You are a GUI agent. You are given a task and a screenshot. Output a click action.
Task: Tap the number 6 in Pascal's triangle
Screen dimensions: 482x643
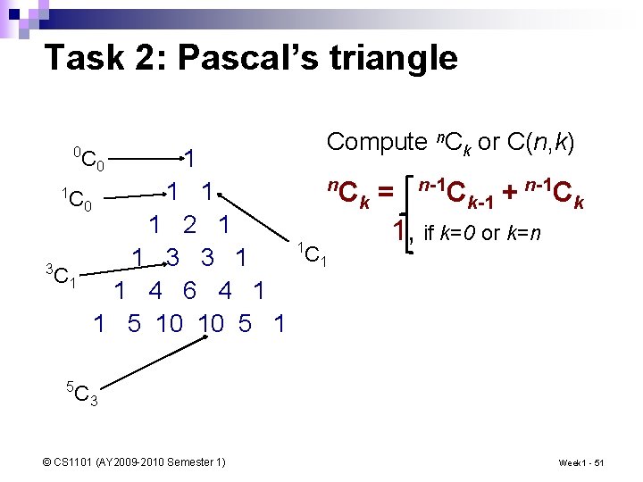tap(188, 291)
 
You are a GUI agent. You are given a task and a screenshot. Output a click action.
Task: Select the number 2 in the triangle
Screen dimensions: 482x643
tap(188, 225)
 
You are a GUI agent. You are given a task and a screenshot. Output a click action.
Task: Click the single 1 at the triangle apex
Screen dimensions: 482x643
tap(189, 159)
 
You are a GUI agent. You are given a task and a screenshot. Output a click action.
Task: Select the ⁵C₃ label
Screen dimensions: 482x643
tap(82, 392)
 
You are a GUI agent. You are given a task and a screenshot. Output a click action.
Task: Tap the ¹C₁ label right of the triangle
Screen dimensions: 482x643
tap(313, 254)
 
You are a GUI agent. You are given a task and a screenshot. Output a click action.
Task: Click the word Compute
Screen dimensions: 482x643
tap(377, 142)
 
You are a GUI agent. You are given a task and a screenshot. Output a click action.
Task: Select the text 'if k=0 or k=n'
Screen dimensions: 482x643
tap(481, 234)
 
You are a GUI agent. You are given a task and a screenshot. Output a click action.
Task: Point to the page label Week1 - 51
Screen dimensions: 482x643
tap(581, 462)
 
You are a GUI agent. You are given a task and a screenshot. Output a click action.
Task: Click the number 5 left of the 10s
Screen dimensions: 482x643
tap(134, 323)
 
